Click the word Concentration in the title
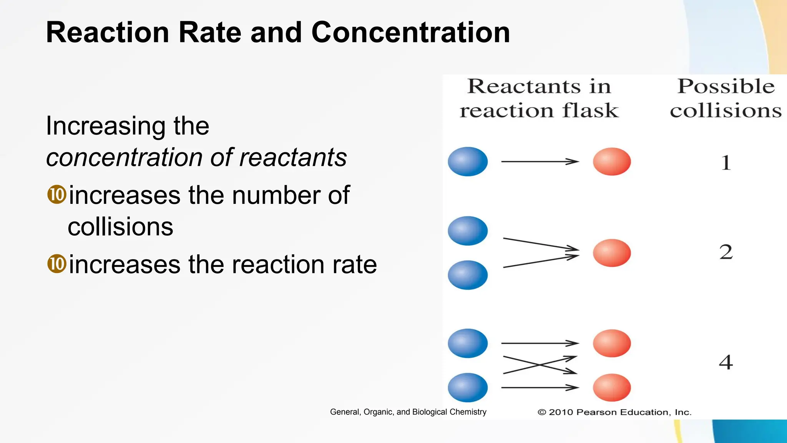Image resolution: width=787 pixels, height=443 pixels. (x=410, y=32)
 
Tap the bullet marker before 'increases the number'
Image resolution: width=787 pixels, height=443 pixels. (x=57, y=195)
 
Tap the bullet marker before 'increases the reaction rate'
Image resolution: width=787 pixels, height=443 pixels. (x=57, y=264)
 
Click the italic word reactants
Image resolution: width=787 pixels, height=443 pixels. (x=293, y=158)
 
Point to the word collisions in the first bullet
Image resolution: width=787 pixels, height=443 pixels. (x=120, y=226)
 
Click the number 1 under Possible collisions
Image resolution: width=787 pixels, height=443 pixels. (x=726, y=162)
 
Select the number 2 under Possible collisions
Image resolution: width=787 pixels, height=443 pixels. (x=726, y=252)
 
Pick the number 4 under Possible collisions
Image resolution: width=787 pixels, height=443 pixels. (x=726, y=362)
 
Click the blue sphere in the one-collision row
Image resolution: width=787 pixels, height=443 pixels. (x=468, y=162)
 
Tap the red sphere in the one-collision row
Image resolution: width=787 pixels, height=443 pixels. (x=612, y=162)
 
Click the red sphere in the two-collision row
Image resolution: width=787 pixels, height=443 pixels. (x=612, y=253)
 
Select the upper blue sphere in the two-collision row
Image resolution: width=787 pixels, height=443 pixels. (x=468, y=231)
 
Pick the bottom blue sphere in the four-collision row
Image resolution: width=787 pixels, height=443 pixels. (x=468, y=387)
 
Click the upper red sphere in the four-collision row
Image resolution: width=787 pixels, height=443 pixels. (x=612, y=343)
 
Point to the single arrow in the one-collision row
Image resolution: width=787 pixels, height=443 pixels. (x=540, y=162)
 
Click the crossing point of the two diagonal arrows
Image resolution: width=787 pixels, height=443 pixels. (x=540, y=365)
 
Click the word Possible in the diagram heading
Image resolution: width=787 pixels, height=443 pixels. (x=726, y=86)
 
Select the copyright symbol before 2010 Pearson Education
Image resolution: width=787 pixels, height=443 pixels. (x=542, y=412)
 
